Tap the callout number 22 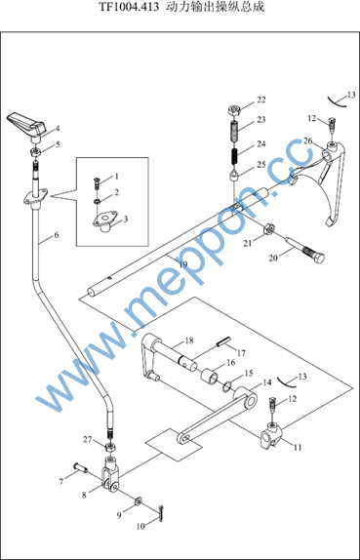[x=261, y=100]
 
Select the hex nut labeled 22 [x=233, y=110]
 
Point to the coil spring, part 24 [x=235, y=156]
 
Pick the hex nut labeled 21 [x=268, y=228]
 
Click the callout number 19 [x=183, y=264]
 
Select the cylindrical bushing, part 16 [x=209, y=377]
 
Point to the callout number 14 [x=266, y=382]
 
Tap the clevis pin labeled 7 [x=81, y=466]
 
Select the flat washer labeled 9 [x=139, y=501]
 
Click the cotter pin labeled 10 [x=161, y=513]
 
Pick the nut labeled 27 [x=109, y=447]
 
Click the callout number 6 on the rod [x=56, y=235]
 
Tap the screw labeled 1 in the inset [x=97, y=181]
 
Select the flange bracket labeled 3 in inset [x=104, y=222]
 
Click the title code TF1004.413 [x=128, y=7]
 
